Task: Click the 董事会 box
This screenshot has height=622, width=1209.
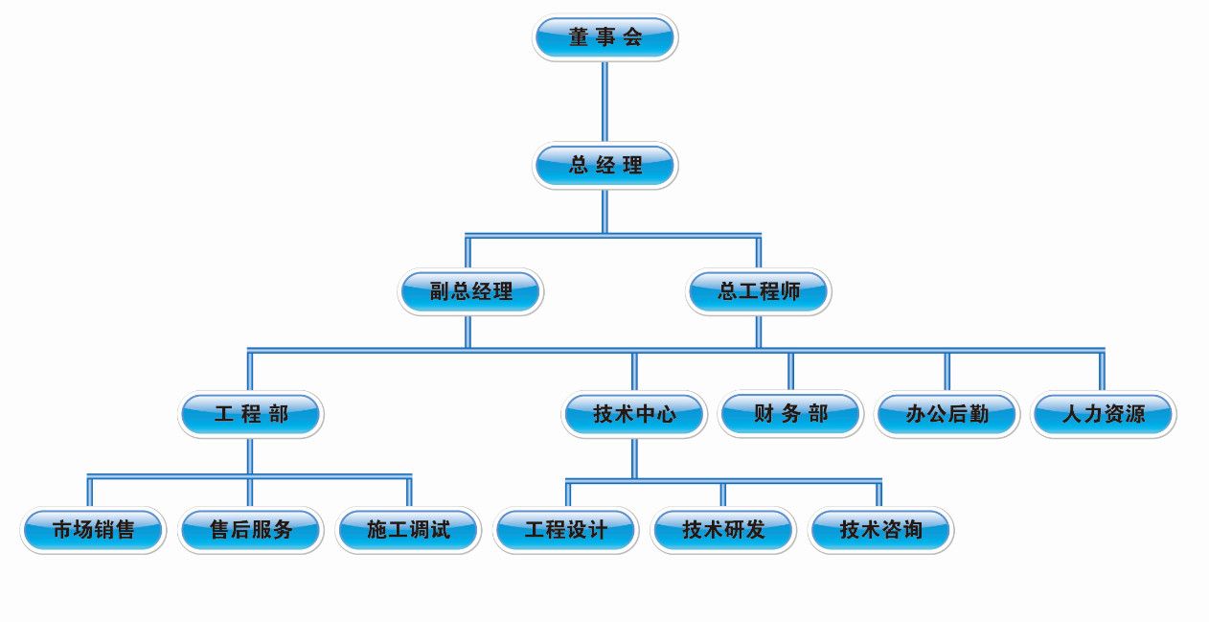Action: [604, 38]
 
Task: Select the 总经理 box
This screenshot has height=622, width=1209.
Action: [604, 166]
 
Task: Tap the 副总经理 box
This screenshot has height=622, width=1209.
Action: [470, 292]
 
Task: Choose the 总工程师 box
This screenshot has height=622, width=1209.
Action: [759, 292]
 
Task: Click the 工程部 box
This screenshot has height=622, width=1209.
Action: [251, 415]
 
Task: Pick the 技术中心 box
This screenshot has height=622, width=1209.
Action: [634, 415]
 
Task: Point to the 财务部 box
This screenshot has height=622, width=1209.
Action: [791, 415]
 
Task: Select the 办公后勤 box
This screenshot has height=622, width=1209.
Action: [947, 415]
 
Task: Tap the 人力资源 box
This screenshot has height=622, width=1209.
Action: [1104, 415]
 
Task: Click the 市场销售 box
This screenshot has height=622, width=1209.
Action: [93, 529]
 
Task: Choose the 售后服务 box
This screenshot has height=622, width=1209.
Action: [250, 529]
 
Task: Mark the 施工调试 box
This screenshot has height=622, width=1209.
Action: [408, 529]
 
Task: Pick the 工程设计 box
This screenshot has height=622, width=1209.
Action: [565, 529]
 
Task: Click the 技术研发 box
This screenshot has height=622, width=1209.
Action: [723, 529]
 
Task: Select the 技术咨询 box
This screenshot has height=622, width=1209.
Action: [880, 529]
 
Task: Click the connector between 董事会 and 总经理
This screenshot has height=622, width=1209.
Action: [604, 102]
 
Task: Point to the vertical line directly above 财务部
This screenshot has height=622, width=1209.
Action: [791, 371]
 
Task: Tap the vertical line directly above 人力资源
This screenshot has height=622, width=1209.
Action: [1102, 371]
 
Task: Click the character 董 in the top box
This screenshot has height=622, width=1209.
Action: [579, 38]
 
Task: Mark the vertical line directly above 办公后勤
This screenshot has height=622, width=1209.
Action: [947, 371]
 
